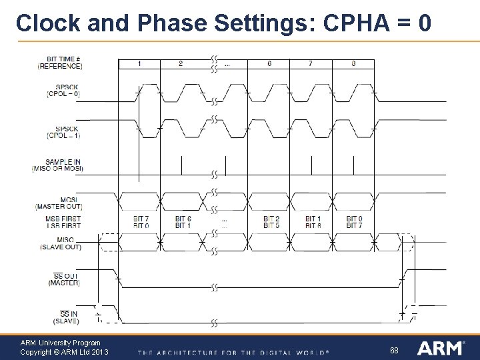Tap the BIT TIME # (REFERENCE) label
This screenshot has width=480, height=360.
(60, 63)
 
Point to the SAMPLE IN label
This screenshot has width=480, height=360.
(63, 162)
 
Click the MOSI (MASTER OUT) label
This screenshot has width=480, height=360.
(65, 203)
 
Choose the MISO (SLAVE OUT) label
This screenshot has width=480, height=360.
(65, 243)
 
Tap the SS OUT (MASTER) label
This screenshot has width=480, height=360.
(65, 279)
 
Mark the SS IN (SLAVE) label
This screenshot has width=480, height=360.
(65, 317)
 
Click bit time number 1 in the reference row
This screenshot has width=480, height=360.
(139, 64)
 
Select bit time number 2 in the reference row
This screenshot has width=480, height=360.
(181, 64)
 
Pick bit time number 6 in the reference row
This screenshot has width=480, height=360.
(269, 64)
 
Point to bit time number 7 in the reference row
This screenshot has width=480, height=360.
(311, 64)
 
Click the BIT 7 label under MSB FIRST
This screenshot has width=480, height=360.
(141, 219)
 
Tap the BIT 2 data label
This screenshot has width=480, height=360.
(271, 219)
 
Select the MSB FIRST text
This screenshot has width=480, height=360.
(63, 219)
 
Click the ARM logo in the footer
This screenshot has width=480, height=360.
(441, 347)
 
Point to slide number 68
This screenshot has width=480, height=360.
(394, 350)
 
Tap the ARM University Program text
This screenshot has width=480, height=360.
(60, 343)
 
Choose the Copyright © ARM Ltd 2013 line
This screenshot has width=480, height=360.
(64, 352)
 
